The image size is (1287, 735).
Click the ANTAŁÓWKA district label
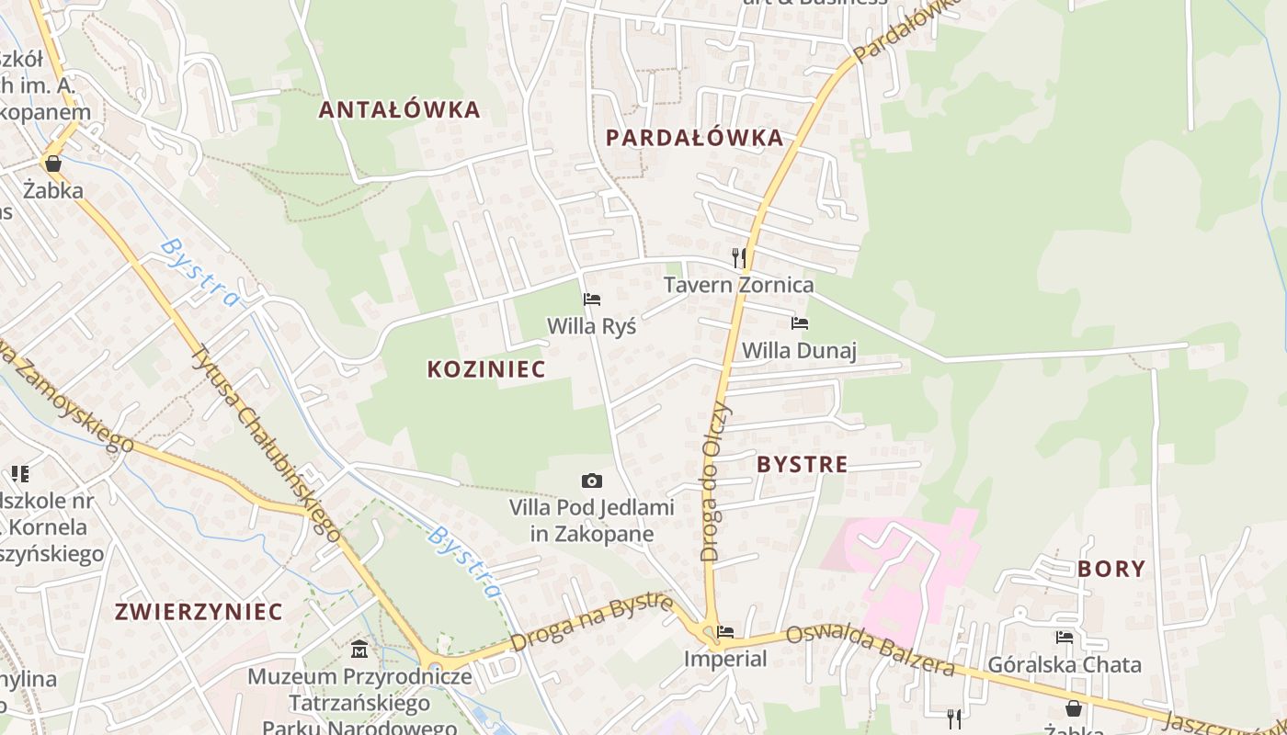pos(399,110)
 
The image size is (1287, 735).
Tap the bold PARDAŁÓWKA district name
pos(695,138)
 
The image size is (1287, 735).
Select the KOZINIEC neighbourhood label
pos(486,369)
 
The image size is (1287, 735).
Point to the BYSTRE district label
pos(802,465)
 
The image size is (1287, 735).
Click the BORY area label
pos(1111,569)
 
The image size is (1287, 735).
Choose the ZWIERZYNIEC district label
pos(199,612)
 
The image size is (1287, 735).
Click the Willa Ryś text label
pos(591,326)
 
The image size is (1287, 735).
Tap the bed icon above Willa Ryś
pos(592,300)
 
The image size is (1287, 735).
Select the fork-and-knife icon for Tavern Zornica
pos(738,257)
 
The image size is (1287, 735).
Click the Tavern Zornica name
pos(738,285)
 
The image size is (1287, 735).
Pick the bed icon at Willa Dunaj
pos(800,323)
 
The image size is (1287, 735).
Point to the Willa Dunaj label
pos(799,350)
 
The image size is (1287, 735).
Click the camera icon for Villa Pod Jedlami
pos(592,481)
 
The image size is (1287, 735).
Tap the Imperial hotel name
pos(724,659)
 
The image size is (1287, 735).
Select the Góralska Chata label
pos(1064,664)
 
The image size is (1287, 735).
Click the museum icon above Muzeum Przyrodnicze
pos(359,650)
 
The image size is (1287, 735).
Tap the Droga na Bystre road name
pos(593,622)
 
